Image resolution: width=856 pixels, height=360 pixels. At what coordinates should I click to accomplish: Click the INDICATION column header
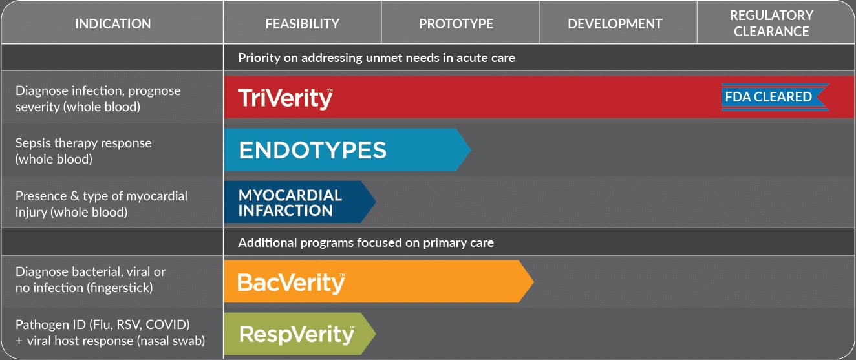[112, 24]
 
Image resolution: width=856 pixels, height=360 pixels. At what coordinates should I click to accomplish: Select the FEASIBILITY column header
[303, 24]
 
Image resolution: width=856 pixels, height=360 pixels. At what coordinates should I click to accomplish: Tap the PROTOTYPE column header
[456, 24]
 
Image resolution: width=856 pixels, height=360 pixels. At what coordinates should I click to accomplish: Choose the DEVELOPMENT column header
[615, 24]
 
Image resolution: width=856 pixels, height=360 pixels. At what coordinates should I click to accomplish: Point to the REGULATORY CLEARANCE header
[771, 23]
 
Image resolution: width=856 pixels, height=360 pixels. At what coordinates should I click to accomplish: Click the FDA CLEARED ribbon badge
[775, 97]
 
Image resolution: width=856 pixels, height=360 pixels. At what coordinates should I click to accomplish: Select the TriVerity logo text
[285, 99]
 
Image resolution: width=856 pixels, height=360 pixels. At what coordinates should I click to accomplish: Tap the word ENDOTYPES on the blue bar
[312, 150]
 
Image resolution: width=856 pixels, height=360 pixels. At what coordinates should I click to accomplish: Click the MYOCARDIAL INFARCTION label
[290, 203]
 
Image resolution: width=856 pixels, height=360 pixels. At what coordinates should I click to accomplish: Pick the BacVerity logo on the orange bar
[291, 283]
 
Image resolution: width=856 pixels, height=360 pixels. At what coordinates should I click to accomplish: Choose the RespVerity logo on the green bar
[297, 334]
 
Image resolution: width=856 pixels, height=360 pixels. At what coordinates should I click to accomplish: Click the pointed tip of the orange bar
[533, 282]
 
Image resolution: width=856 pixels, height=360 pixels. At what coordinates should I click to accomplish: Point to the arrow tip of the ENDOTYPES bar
[471, 149]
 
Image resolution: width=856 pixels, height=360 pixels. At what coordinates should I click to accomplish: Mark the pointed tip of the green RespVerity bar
[376, 334]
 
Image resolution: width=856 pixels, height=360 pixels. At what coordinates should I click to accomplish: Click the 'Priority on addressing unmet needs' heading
[376, 58]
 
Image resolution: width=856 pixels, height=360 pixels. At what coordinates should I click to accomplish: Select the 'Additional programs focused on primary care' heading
[366, 242]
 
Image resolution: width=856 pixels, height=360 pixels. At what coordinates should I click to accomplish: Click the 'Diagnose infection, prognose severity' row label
[98, 99]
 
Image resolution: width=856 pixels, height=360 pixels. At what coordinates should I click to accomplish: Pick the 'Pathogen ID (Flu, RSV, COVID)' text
[102, 324]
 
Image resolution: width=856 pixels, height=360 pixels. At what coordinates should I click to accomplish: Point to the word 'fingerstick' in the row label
[119, 288]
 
